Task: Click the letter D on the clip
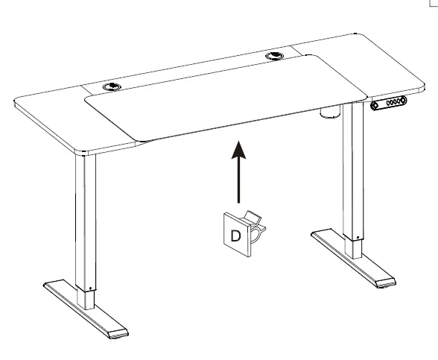click(235, 236)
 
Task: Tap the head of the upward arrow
click(239, 150)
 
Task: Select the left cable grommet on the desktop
click(112, 86)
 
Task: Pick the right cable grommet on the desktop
click(275, 56)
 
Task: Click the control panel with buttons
click(389, 103)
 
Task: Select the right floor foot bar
click(353, 259)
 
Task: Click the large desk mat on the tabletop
click(226, 98)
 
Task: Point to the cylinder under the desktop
click(331, 113)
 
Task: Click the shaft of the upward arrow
click(238, 180)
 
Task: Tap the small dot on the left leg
click(90, 288)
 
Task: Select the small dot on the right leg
click(358, 238)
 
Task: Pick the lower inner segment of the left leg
click(86, 300)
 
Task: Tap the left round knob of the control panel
click(375, 105)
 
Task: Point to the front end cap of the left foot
click(118, 334)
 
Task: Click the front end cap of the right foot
click(387, 283)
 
